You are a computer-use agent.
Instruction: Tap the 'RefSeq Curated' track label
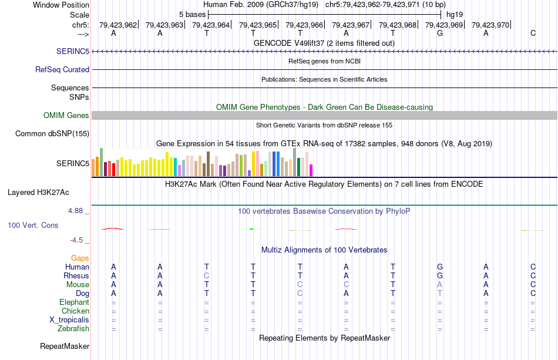click(62, 70)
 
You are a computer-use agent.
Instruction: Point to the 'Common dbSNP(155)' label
click(52, 134)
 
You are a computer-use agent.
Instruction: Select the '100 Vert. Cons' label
click(33, 225)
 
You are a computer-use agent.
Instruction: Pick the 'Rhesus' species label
click(76, 276)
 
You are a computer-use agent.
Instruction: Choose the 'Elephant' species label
click(75, 302)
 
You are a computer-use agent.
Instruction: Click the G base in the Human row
click(440, 267)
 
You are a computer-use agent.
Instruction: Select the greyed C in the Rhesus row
click(206, 276)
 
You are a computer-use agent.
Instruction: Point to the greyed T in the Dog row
click(440, 294)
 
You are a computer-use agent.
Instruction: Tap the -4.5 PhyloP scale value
click(79, 240)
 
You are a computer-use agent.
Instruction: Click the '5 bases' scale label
click(192, 14)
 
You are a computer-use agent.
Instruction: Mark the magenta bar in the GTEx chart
click(311, 170)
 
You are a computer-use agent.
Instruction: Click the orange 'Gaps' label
click(80, 258)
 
